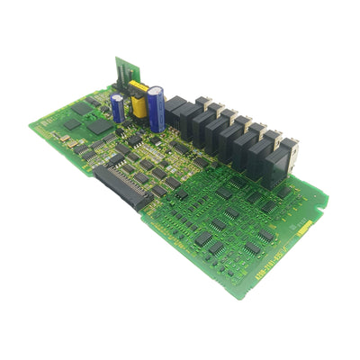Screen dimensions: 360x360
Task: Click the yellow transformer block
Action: coord(139,100)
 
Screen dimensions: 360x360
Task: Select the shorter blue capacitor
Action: coord(118,108)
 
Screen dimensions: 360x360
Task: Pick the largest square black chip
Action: coord(100,127)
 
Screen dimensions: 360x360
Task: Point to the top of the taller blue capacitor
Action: coord(156,89)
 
